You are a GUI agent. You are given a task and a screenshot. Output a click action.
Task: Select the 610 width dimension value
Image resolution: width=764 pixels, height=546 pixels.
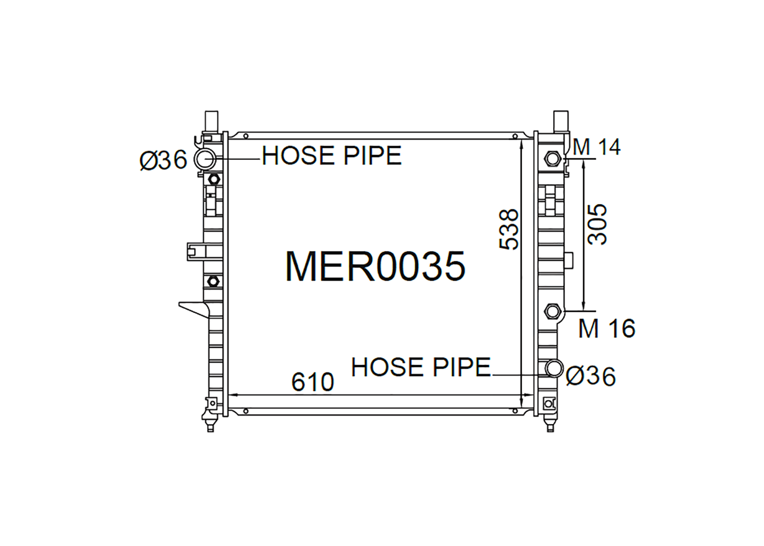(x=312, y=382)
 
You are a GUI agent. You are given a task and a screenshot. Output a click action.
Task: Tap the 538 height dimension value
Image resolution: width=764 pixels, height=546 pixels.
(x=508, y=229)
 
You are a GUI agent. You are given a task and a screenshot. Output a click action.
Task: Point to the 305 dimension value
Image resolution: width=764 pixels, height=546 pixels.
(x=597, y=224)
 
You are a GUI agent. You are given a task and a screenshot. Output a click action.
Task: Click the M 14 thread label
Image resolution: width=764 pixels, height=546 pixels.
(x=596, y=147)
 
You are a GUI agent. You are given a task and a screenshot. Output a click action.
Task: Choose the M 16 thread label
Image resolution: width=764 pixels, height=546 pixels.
(x=607, y=329)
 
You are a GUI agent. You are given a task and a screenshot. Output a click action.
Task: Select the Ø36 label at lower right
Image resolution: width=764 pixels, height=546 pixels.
(x=591, y=376)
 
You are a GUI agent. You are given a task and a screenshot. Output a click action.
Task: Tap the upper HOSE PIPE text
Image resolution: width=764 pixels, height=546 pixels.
(x=332, y=155)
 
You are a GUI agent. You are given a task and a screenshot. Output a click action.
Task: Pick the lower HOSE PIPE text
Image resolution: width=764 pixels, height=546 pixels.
(x=421, y=367)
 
